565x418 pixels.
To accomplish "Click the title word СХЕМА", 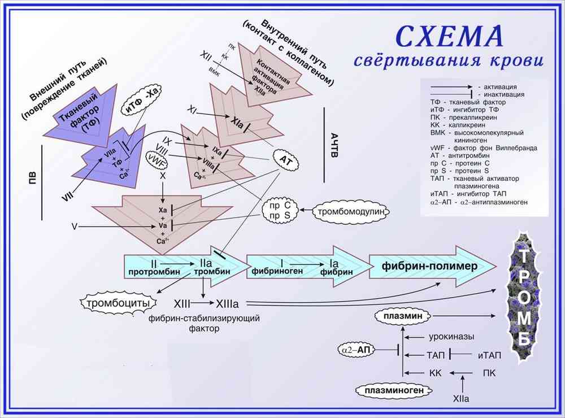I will coord(449,35).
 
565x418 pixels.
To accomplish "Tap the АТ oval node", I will coord(285,159).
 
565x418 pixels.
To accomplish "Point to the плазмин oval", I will coord(404,317).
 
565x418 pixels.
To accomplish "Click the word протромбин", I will coord(154,272).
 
